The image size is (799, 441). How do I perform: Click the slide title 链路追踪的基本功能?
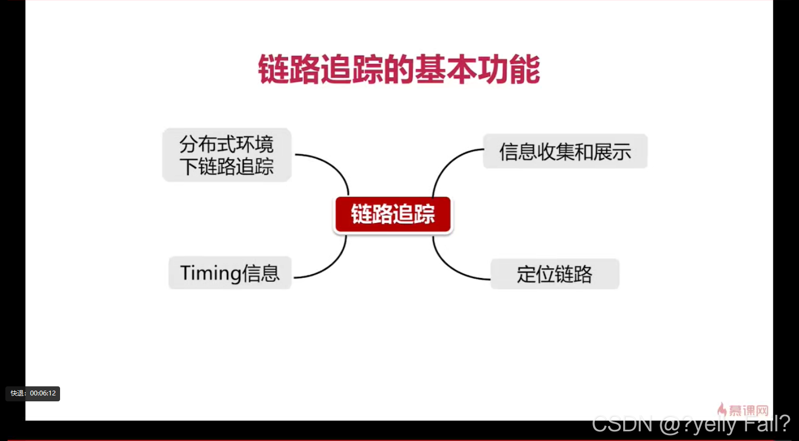point(399,69)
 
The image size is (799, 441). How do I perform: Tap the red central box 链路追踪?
point(393,214)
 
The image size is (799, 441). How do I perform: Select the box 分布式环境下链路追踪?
point(227,155)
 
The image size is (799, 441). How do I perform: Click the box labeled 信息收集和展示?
point(565,151)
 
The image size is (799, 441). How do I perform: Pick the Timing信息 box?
point(230,273)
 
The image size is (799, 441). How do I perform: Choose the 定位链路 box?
point(554,274)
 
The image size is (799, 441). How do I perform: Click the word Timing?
point(210,273)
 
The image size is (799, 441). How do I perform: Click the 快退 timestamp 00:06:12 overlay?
point(33,393)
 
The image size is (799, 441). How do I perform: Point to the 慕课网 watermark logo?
point(743,410)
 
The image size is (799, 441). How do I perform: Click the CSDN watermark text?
point(691,424)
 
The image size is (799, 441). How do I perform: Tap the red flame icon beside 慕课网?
point(722,409)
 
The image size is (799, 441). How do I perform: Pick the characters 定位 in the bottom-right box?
point(536,274)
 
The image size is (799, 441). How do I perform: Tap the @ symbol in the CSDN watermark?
point(670,424)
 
